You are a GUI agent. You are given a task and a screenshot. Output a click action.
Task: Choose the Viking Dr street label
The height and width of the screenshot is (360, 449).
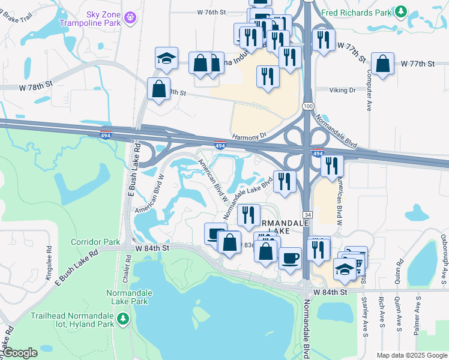pos(343,90)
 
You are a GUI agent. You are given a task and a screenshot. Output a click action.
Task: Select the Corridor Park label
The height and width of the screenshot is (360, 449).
pos(87,242)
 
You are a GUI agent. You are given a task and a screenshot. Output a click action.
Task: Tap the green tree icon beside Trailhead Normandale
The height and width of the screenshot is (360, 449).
pos(123,317)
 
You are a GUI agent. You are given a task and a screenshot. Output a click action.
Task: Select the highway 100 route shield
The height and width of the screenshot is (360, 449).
pos(307,106)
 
